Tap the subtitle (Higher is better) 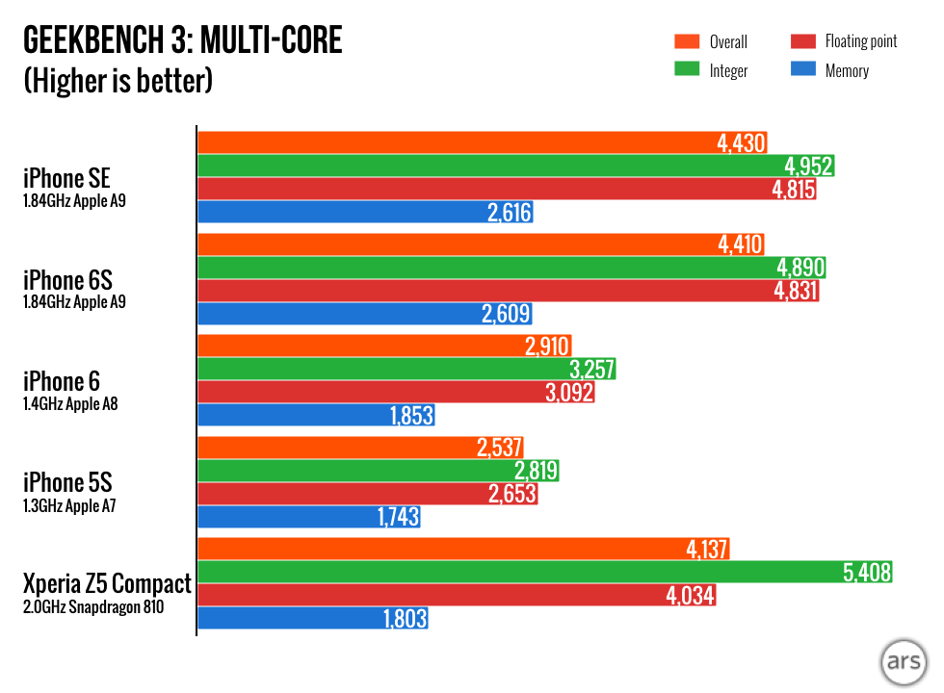coord(118,80)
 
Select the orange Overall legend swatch coord(686,41)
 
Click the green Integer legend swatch coord(686,70)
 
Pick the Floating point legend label coord(860,41)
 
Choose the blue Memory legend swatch coord(801,70)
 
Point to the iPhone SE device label coord(67,178)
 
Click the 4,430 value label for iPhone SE coord(741,143)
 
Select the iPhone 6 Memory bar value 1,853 coord(411,416)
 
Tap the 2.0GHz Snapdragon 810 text coord(92,606)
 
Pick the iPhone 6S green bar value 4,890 coord(800,268)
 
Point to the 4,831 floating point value coord(795,291)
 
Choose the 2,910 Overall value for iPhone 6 coord(548,346)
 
